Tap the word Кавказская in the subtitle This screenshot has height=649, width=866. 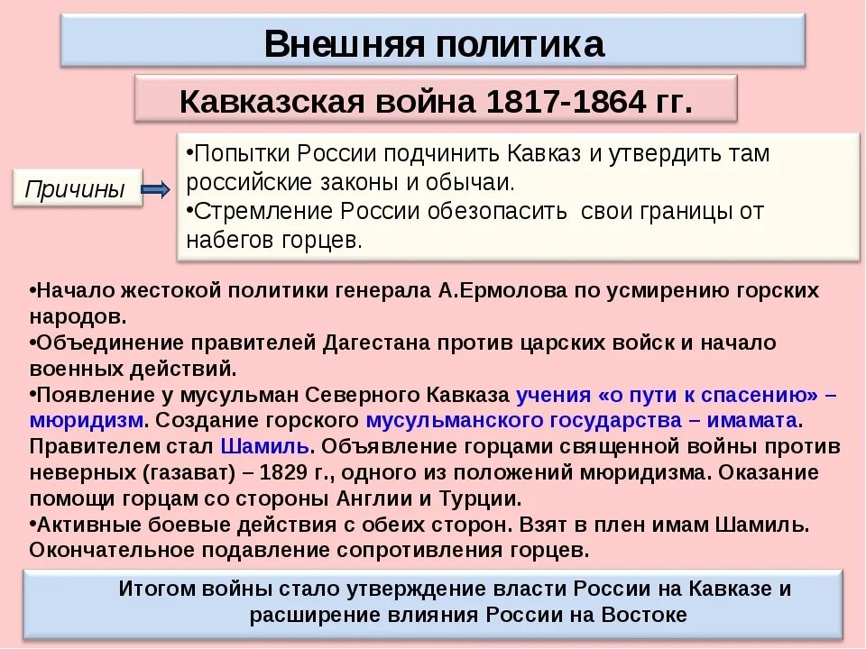[x=270, y=101]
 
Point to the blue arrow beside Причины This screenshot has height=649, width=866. [x=156, y=189]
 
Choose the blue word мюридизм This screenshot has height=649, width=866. [x=86, y=421]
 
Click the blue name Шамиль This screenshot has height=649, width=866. [x=264, y=447]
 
